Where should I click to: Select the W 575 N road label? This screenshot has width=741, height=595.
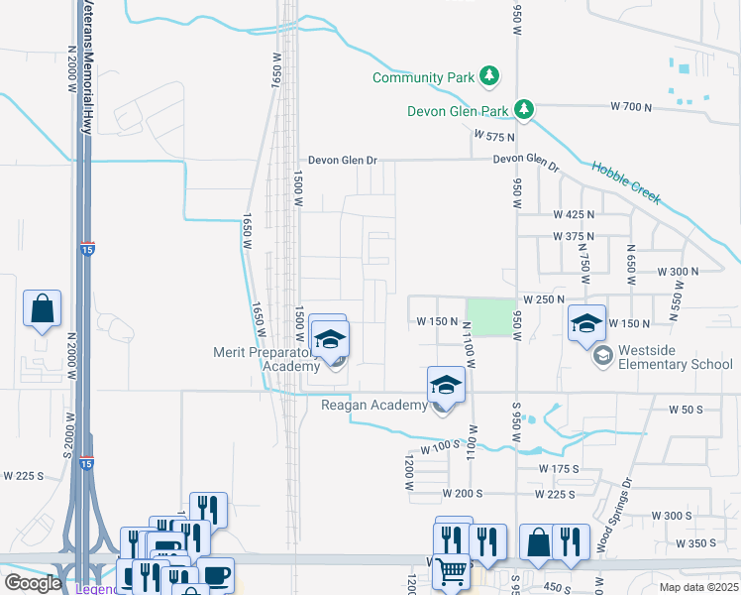click(x=495, y=136)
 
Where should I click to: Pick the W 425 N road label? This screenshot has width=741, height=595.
click(x=574, y=215)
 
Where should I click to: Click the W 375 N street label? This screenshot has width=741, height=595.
click(x=574, y=237)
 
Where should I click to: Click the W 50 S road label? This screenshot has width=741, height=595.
click(x=685, y=410)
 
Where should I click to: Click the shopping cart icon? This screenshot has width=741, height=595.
click(x=452, y=569)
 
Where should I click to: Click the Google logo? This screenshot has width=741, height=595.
click(x=33, y=583)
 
